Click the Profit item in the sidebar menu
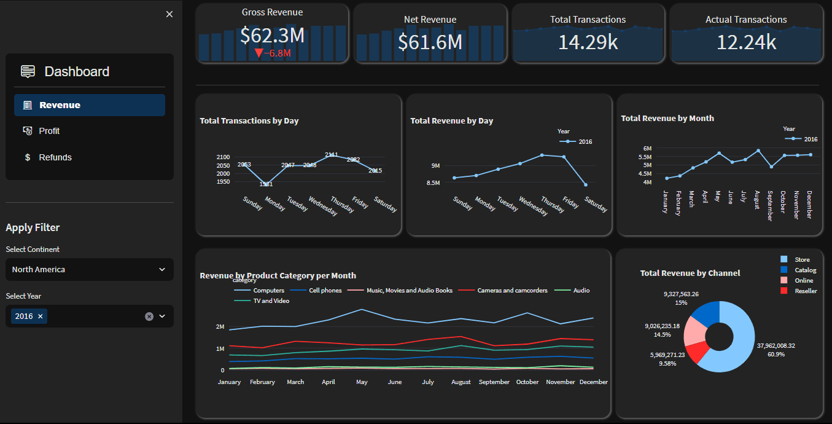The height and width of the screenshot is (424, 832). point(49,131)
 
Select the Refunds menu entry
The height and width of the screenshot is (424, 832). point(55,157)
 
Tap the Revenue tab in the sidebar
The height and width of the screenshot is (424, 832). point(60,105)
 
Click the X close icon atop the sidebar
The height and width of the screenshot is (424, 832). point(169,14)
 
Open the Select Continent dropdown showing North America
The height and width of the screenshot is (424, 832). point(89,269)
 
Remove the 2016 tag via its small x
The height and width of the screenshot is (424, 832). point(41,316)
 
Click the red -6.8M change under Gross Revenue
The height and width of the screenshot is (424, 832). point(273,53)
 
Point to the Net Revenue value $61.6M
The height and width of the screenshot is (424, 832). point(430,41)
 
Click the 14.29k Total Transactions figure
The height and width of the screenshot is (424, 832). point(588,41)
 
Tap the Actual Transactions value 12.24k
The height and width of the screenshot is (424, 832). point(746,41)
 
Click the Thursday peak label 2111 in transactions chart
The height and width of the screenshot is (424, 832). point(332,154)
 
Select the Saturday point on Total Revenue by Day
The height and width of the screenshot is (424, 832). point(586,184)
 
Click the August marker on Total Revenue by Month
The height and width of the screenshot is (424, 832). point(758,151)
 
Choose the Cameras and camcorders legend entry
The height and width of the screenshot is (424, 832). point(512,290)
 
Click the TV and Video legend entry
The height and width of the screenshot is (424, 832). point(271,301)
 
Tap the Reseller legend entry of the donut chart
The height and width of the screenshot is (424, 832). point(806,291)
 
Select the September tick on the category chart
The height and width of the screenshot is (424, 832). point(494,382)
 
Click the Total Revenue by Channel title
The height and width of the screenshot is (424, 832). point(690,273)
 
